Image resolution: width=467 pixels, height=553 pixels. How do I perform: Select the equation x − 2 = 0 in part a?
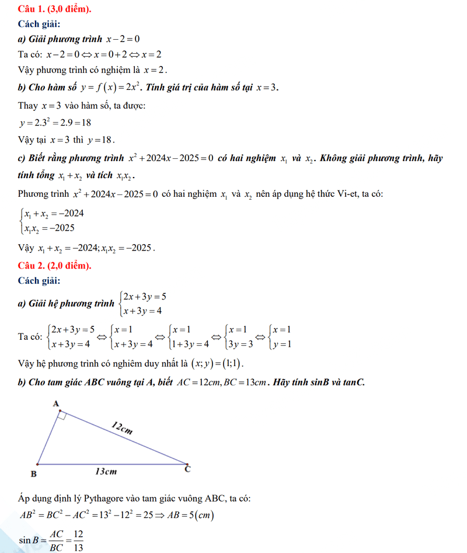pyautogui.click(x=123, y=39)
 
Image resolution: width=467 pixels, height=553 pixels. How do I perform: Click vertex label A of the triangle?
pyautogui.click(x=56, y=404)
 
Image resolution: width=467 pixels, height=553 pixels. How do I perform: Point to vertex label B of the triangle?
pyautogui.click(x=33, y=474)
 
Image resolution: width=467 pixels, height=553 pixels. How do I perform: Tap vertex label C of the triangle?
pyautogui.click(x=187, y=468)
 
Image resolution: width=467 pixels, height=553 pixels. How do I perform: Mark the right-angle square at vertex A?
pyautogui.click(x=63, y=416)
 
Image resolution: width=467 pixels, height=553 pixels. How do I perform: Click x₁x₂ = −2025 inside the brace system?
pyautogui.click(x=49, y=228)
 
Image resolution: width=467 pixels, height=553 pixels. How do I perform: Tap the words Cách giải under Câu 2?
pyautogui.click(x=39, y=281)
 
